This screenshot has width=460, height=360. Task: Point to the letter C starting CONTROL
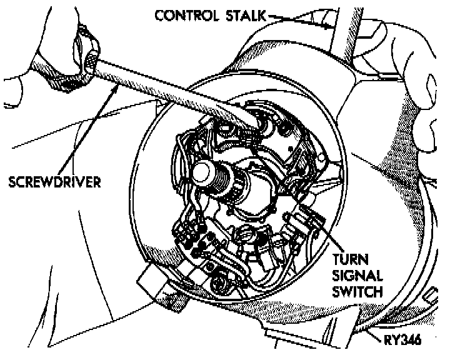(x=160, y=15)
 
